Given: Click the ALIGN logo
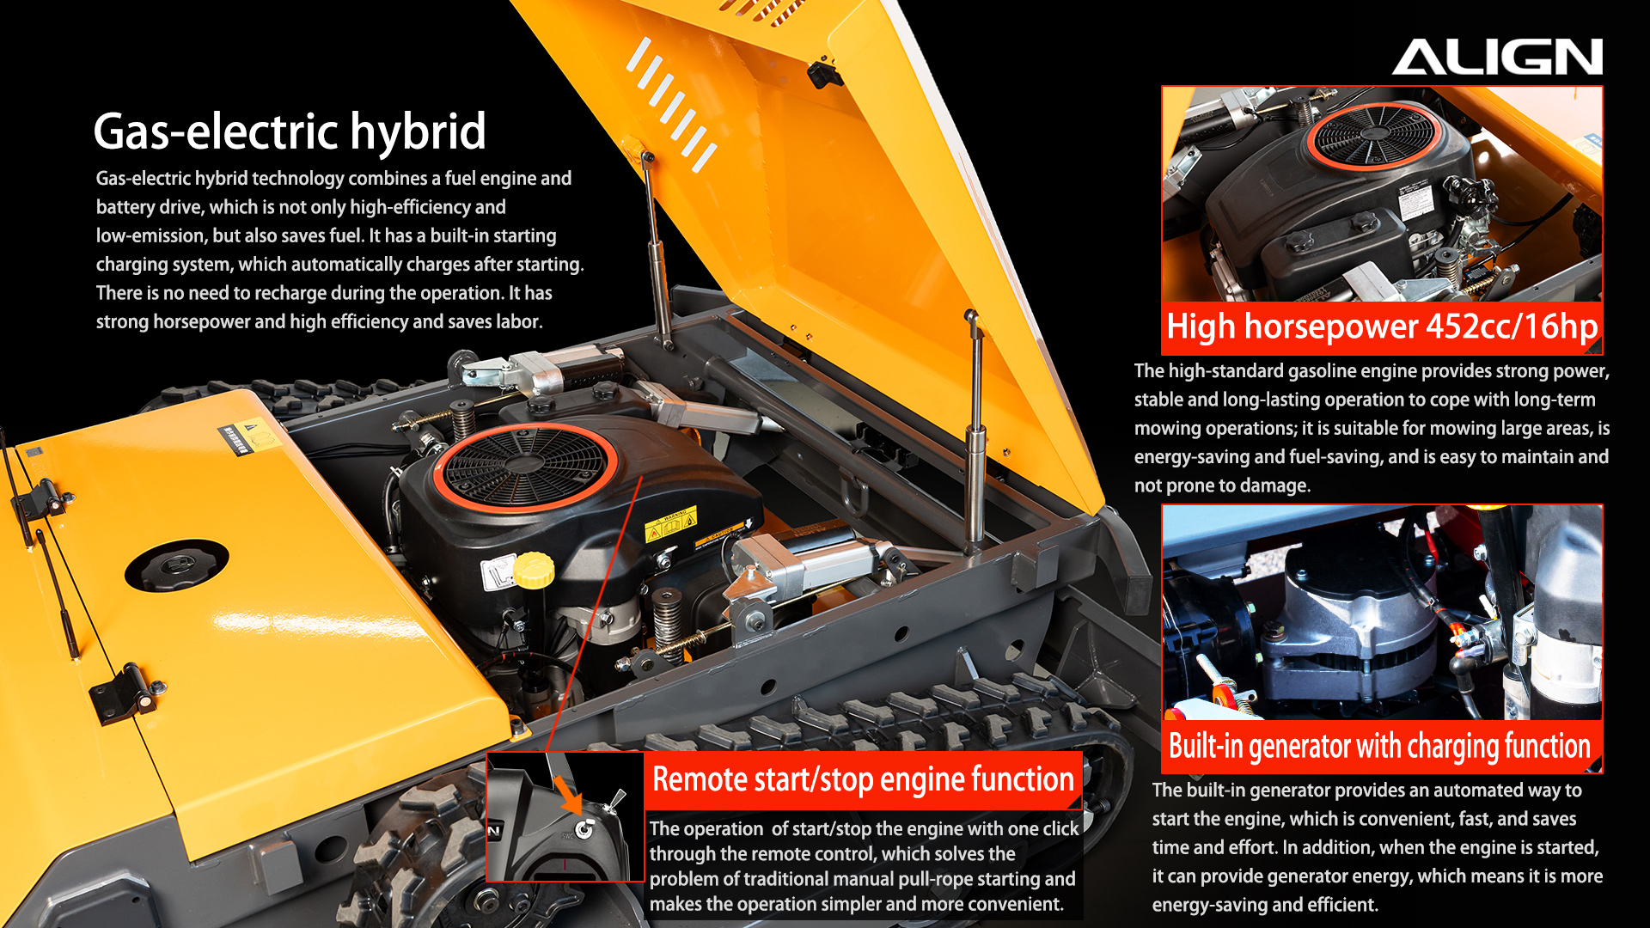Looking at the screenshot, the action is click(x=1497, y=57).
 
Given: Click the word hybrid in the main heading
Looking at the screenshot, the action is click(x=418, y=131).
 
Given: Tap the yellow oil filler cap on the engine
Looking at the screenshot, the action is click(x=534, y=570).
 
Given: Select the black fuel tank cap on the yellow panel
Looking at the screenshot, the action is click(x=177, y=565).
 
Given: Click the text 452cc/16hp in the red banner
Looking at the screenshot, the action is click(x=1512, y=327).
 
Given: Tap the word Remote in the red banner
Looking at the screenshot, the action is click(x=700, y=779).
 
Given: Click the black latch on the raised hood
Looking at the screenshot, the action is click(x=823, y=73).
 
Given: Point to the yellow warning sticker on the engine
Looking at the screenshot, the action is click(x=671, y=525).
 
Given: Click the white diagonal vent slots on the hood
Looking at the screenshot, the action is click(x=671, y=104).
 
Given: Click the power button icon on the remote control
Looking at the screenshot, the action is click(x=584, y=829).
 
